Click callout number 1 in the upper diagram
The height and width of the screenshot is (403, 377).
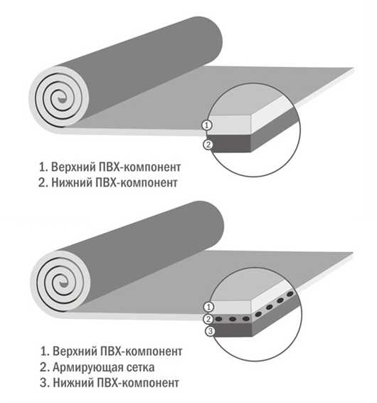pos(207,125)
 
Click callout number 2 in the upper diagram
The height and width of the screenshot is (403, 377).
pos(208,145)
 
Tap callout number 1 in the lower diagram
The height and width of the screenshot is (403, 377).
pos(208,307)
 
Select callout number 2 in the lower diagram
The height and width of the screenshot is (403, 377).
pos(208,319)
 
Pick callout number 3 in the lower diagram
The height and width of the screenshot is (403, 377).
pos(210,331)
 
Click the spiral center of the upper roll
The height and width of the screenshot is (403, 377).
pos(61,99)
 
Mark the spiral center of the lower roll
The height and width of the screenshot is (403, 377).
pos(63,283)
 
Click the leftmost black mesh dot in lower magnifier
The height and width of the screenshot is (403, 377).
pos(219,319)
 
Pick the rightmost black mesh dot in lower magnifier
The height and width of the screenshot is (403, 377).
pos(290,294)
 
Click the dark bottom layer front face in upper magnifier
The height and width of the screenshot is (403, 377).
pos(230,143)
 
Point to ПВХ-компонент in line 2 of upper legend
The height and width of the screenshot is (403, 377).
pos(137,183)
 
